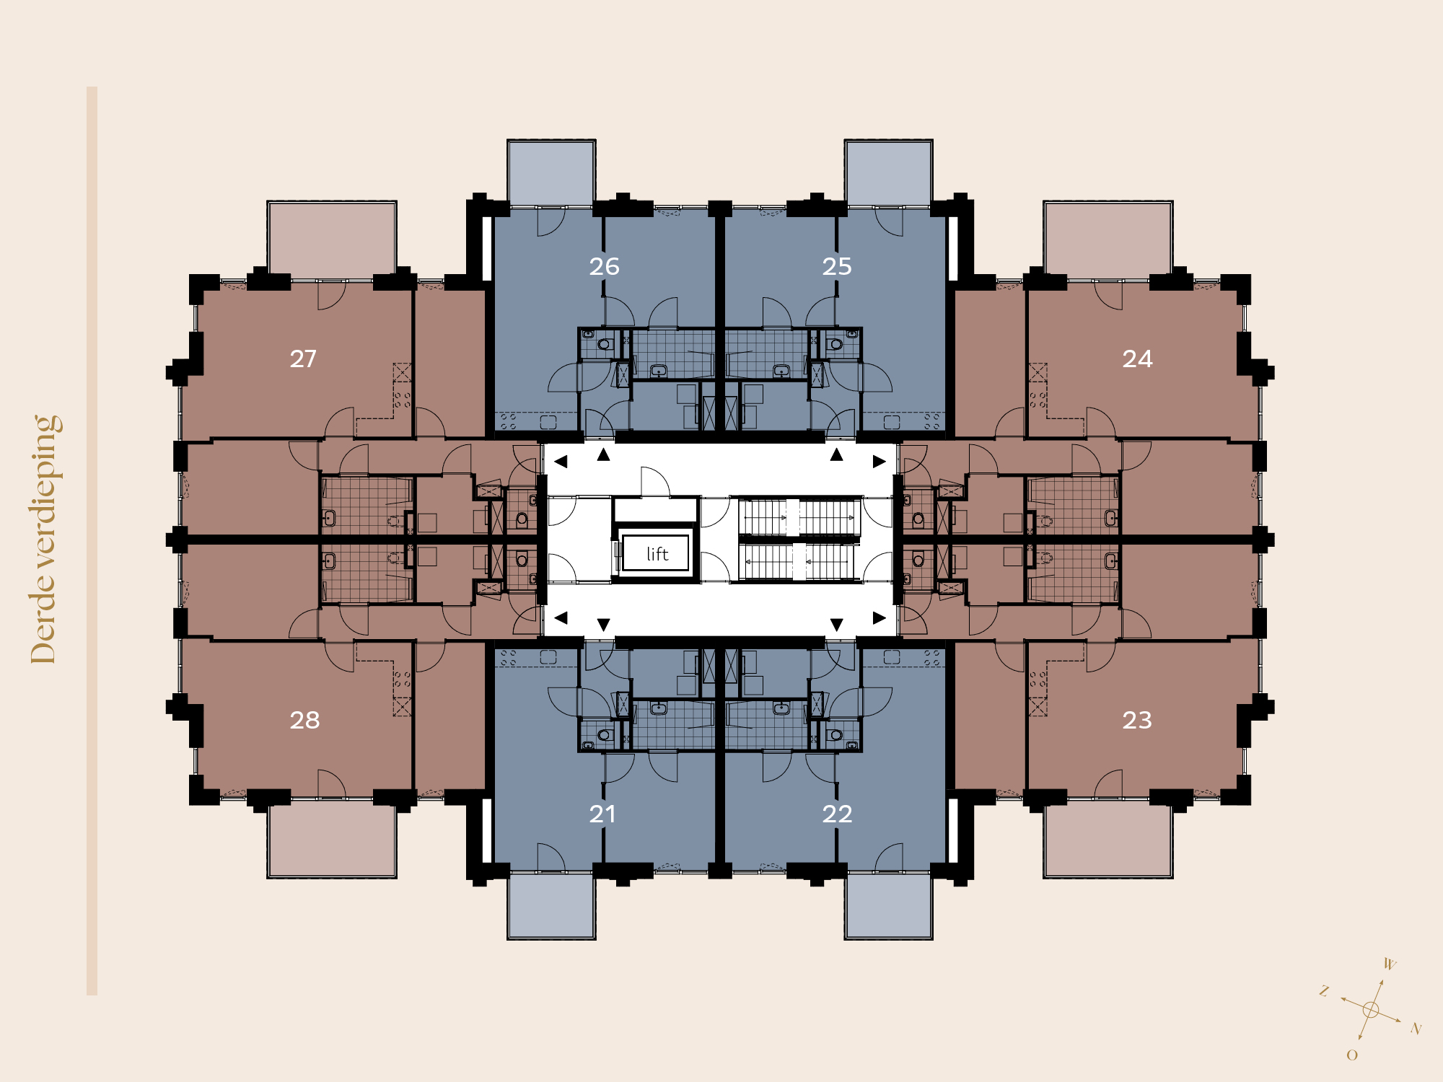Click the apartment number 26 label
point(604,267)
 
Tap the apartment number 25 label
point(837,267)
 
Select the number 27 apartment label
point(303,359)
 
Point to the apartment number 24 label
point(1137,359)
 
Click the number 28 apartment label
point(304,721)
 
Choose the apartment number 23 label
point(1137,721)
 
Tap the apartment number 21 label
point(602,814)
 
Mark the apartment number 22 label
point(837,814)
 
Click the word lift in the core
point(657,553)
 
